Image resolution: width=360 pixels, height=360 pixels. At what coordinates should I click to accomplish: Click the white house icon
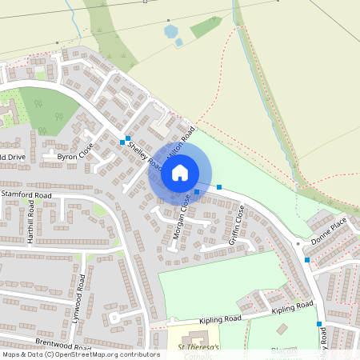point(180,172)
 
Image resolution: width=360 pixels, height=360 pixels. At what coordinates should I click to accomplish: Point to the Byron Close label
point(75,153)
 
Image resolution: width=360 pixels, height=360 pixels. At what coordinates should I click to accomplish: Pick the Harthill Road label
point(30,227)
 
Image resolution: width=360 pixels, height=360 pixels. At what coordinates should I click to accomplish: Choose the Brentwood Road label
point(60,330)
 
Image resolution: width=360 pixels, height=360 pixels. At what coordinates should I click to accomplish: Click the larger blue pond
point(170,32)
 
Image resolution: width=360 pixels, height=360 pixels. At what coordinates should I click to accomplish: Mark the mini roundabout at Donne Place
point(298,242)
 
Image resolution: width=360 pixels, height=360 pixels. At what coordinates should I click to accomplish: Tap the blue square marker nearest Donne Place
point(307,260)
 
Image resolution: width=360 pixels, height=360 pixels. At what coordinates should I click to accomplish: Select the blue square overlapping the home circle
point(197,192)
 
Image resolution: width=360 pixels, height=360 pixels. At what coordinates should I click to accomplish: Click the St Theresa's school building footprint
point(197,338)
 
